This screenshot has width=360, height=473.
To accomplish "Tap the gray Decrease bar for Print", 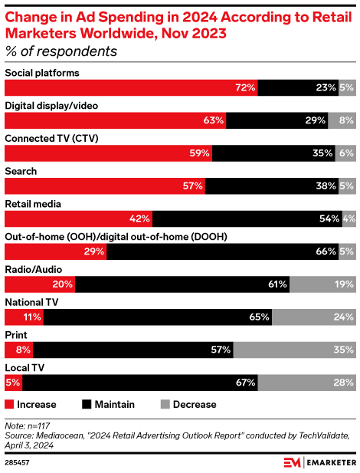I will (x=294, y=350).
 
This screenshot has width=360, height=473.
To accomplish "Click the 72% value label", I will (x=245, y=87).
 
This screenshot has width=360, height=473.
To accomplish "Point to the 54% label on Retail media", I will (x=330, y=218).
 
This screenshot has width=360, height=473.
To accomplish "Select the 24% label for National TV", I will (x=343, y=317).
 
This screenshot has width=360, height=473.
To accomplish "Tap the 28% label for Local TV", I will (x=343, y=383).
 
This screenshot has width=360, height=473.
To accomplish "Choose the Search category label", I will (x=21, y=171).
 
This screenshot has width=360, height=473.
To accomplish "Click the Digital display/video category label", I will (x=51, y=105).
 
